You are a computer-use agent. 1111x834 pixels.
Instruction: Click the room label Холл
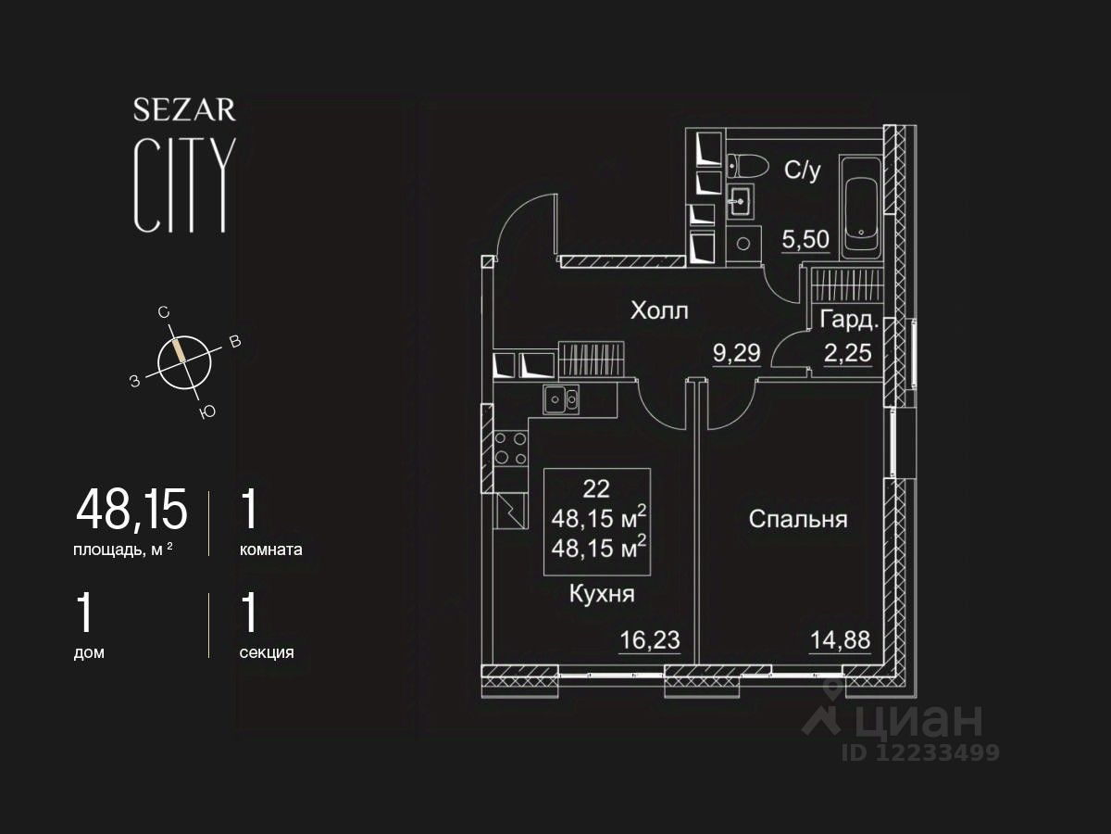coord(659,310)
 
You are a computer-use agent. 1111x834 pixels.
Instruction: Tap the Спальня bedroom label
coord(797,519)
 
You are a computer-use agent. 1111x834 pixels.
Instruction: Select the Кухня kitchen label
coord(602,594)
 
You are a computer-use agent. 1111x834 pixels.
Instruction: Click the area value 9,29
coord(735,353)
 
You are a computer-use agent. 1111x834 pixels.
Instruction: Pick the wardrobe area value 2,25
coord(848,353)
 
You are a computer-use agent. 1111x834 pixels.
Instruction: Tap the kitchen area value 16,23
coord(649,639)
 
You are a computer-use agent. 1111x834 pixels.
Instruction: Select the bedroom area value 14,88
coord(840,639)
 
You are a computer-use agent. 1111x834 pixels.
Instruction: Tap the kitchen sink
coord(561,400)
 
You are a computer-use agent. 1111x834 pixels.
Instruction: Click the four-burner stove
coord(510,448)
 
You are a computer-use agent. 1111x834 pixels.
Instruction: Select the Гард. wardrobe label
coord(848,321)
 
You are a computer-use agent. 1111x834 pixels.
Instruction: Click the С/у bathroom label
coord(802,171)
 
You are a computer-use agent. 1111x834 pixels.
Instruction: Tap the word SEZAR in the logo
coord(184,111)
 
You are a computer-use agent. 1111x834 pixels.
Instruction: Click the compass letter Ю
coord(207,412)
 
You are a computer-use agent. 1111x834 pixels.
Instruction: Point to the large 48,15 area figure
coord(131,509)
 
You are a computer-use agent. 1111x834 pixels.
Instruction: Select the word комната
coord(270,549)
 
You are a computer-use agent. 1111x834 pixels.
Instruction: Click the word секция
coord(267,651)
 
